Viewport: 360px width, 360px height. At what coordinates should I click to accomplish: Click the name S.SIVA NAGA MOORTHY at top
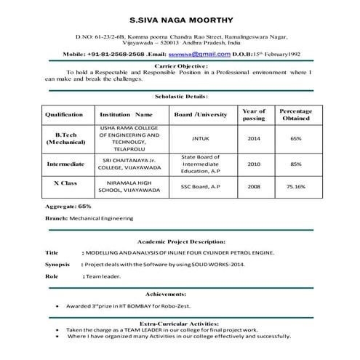(x=181, y=13)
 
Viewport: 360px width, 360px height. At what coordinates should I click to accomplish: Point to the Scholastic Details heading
(x=181, y=96)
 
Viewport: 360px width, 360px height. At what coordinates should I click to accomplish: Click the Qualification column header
(x=64, y=115)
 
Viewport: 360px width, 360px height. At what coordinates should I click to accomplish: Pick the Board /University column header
(x=200, y=115)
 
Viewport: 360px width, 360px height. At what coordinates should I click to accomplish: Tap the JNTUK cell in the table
(x=200, y=138)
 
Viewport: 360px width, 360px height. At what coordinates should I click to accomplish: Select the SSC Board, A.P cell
(x=200, y=187)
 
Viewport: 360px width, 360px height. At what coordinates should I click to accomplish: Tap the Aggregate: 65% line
(x=68, y=207)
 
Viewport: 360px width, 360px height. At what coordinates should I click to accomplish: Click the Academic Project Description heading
(x=181, y=241)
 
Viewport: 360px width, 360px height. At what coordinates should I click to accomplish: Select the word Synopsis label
(x=57, y=264)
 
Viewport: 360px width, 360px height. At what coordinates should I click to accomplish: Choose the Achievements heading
(x=181, y=293)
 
